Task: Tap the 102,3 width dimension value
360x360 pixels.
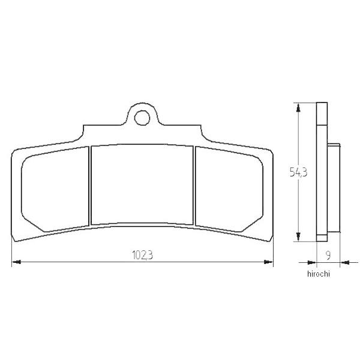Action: click(x=143, y=255)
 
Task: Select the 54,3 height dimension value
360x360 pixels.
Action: click(x=298, y=172)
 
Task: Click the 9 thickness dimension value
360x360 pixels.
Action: click(x=328, y=256)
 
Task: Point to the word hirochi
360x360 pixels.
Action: click(x=319, y=274)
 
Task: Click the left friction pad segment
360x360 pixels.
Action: click(x=55, y=190)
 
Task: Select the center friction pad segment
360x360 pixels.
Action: click(x=142, y=185)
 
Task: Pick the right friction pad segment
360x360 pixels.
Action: click(x=229, y=190)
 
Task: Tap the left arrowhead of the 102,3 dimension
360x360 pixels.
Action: click(x=17, y=262)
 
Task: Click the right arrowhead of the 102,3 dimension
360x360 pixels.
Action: click(x=268, y=262)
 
